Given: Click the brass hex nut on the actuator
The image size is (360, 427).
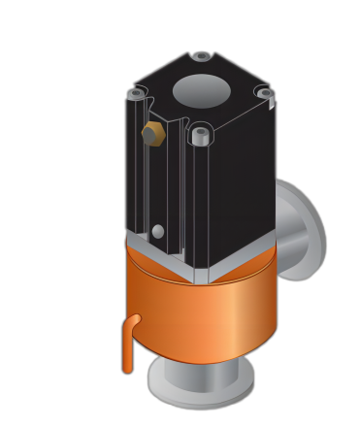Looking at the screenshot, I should (152, 134).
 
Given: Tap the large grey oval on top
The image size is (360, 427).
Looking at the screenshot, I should (202, 91).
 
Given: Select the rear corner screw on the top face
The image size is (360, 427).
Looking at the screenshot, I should (201, 57).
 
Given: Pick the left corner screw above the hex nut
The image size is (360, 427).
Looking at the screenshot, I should (137, 94).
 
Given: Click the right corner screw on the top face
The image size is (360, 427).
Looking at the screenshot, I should (263, 93).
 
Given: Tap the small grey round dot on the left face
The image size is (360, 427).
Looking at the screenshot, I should (157, 231).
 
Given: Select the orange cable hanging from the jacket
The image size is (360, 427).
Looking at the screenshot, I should (127, 349).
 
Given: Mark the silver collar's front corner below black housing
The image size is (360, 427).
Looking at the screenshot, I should (201, 277).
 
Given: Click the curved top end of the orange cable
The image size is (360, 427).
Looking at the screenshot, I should (134, 319).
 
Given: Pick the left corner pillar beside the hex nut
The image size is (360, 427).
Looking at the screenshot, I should (135, 165).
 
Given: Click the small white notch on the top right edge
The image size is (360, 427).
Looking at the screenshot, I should (272, 103).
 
